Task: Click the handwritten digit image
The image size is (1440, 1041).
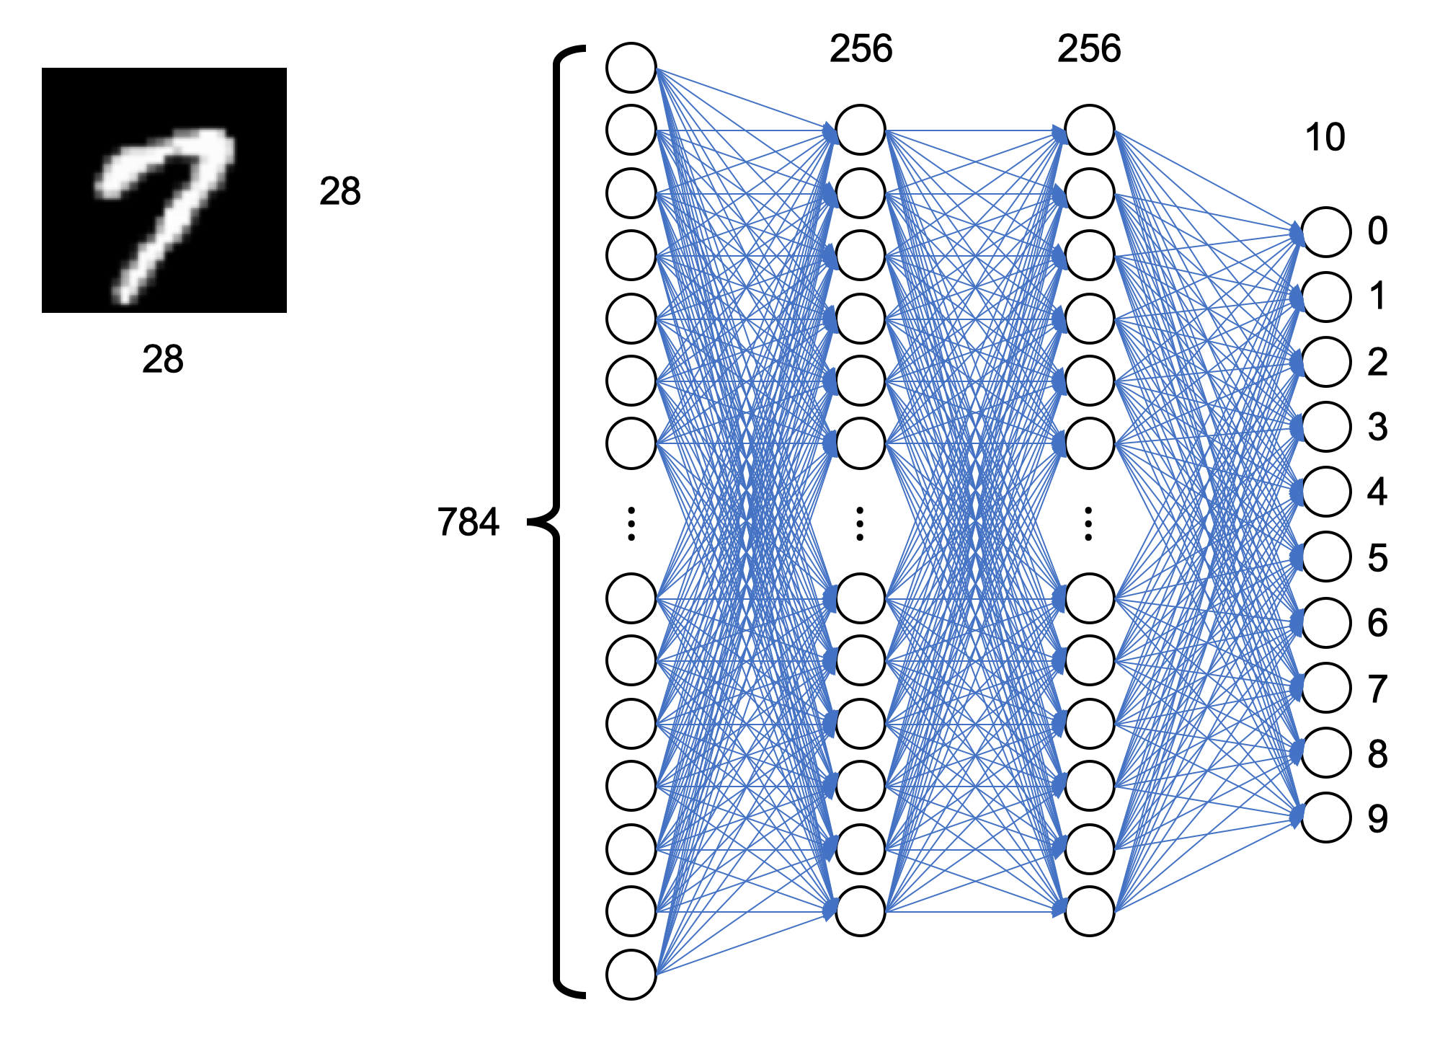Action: pyautogui.click(x=164, y=190)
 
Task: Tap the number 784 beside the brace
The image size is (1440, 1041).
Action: pyautogui.click(x=468, y=522)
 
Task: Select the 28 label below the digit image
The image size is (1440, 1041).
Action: pyautogui.click(x=163, y=359)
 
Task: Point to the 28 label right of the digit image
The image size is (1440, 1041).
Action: pyautogui.click(x=340, y=192)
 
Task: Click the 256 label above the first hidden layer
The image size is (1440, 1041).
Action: pyautogui.click(x=861, y=49)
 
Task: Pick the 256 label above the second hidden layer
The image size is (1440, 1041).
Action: pyautogui.click(x=1089, y=49)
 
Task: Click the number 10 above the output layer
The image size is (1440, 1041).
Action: pyautogui.click(x=1325, y=137)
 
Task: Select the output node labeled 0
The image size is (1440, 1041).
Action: pyautogui.click(x=1326, y=232)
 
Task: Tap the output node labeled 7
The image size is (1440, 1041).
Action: pyautogui.click(x=1326, y=688)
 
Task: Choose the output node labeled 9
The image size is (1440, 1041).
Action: pyautogui.click(x=1326, y=818)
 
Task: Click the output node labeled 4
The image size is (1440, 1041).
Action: pyautogui.click(x=1326, y=492)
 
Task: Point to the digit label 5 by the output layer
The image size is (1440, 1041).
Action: pyautogui.click(x=1377, y=557)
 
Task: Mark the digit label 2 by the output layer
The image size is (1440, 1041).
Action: pyautogui.click(x=1377, y=362)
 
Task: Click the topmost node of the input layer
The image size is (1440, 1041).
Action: pyautogui.click(x=631, y=68)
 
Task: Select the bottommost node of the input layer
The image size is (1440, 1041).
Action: pyautogui.click(x=631, y=975)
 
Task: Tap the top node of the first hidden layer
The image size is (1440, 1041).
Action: pyautogui.click(x=860, y=130)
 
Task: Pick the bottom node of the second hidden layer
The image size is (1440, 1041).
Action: pyautogui.click(x=1089, y=911)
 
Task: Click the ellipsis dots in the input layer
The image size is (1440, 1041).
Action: pyautogui.click(x=631, y=524)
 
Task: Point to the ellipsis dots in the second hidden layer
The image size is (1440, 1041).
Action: pyautogui.click(x=1088, y=524)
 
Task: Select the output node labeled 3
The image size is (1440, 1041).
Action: pyautogui.click(x=1326, y=427)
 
